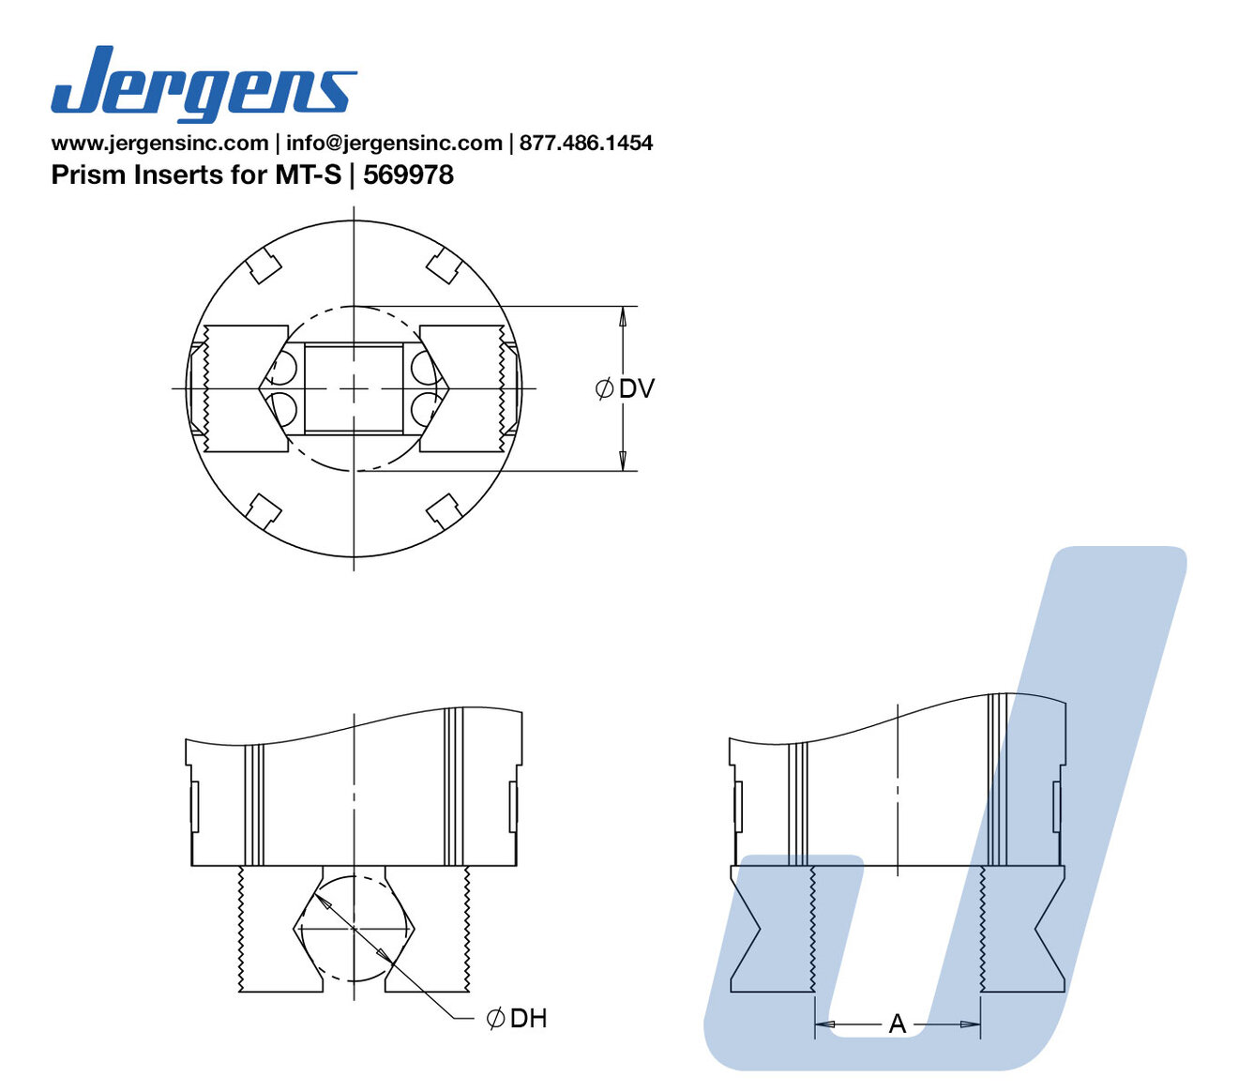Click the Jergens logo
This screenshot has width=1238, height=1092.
204,83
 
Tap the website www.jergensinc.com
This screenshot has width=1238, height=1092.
160,144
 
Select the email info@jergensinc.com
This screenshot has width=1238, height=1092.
394,144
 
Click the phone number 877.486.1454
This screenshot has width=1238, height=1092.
586,144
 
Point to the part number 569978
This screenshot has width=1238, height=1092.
408,174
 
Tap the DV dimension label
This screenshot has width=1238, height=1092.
636,389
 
